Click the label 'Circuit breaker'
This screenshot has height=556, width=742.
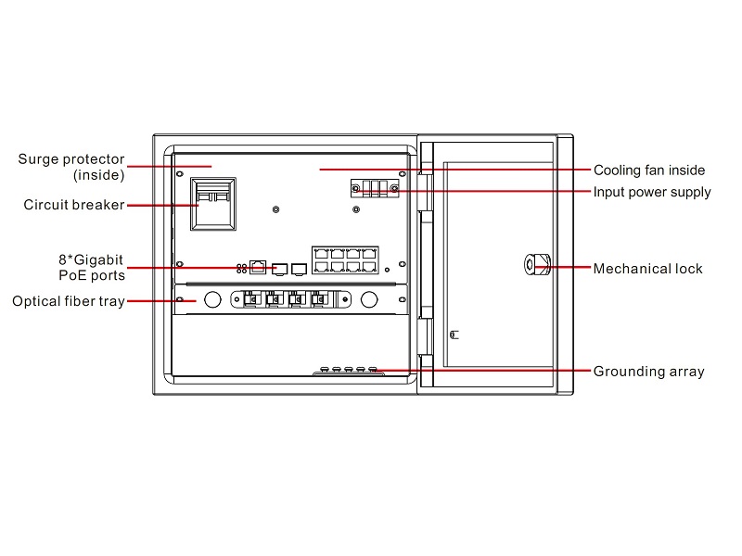[74, 205]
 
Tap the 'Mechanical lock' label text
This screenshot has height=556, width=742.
[647, 269]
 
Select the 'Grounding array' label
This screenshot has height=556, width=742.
[648, 372]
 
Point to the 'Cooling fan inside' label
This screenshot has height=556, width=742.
[649, 171]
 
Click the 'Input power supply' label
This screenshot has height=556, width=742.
[652, 193]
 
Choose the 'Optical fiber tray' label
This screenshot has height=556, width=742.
[69, 301]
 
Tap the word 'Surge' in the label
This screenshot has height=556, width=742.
[38, 159]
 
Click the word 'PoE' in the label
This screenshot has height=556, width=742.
[71, 275]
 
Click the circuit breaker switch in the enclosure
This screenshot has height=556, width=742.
[213, 204]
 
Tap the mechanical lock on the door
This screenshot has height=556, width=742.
[538, 264]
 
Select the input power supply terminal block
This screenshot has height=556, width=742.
[375, 188]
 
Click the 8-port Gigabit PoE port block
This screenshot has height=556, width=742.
[345, 260]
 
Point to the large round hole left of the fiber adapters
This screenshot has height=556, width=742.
[212, 299]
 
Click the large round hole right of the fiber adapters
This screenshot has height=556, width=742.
[369, 299]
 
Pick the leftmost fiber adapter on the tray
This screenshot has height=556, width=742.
[251, 299]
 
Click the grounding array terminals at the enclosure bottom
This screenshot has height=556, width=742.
[349, 370]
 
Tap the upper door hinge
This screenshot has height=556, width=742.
[425, 192]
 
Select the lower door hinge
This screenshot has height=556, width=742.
[425, 336]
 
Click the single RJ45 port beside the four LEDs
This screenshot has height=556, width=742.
[258, 268]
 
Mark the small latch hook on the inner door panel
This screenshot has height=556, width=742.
[454, 335]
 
